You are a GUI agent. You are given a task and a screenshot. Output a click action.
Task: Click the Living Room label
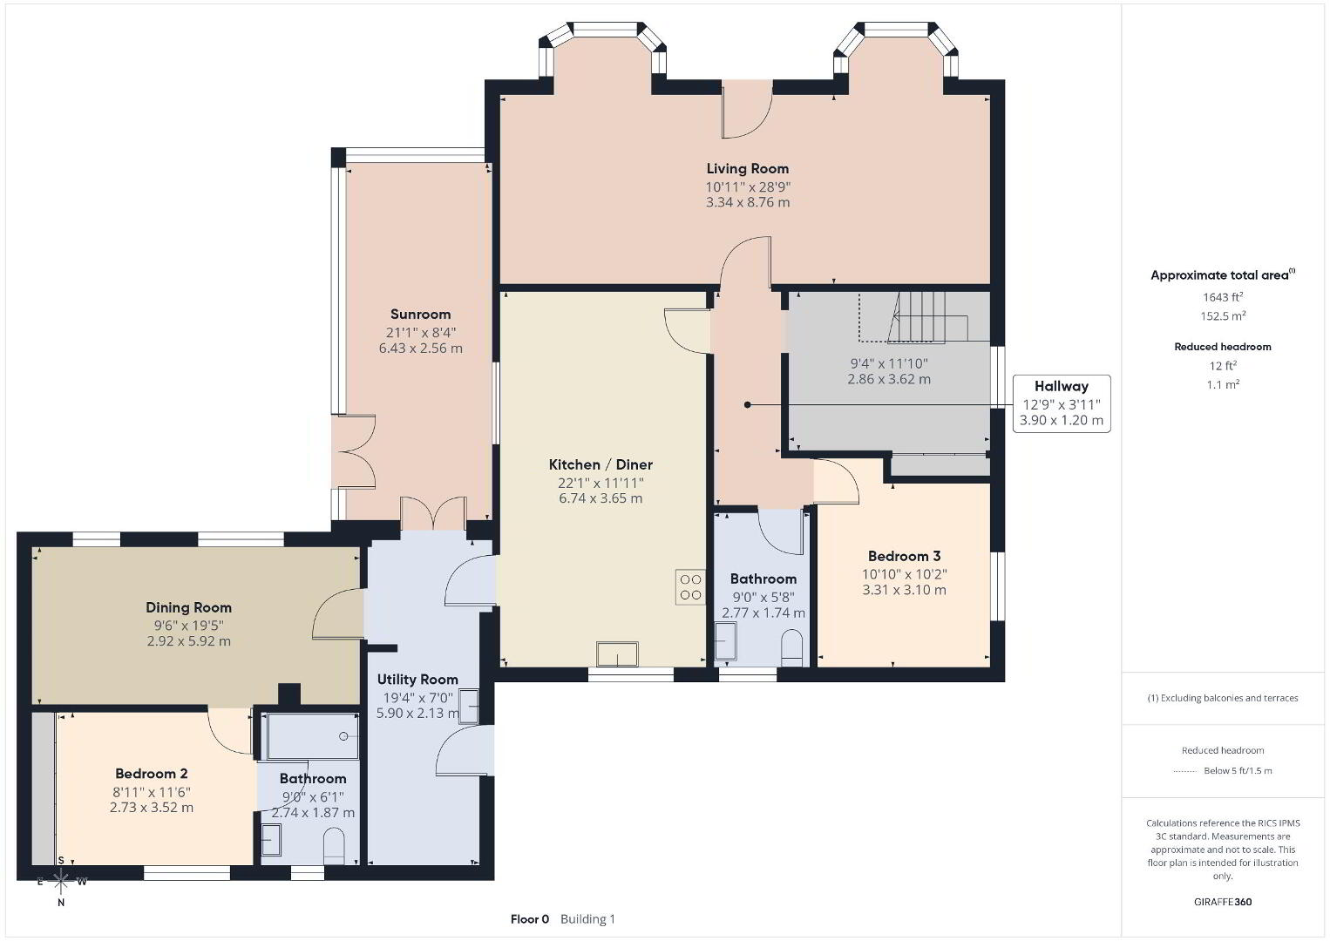pyautogui.click(x=748, y=169)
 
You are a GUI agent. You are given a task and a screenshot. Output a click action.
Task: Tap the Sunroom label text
pyautogui.click(x=420, y=314)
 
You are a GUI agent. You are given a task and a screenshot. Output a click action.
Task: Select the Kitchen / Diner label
pyautogui.click(x=601, y=464)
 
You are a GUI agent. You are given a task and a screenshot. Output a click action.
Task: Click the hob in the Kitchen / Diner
pyautogui.click(x=690, y=587)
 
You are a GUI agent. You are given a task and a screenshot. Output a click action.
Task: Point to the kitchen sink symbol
pyautogui.click(x=617, y=653)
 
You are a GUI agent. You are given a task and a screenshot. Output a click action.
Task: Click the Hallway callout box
pyautogui.click(x=1062, y=403)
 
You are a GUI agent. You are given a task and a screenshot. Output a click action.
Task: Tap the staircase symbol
pyautogui.click(x=913, y=317)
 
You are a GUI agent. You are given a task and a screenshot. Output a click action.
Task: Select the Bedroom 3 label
pyautogui.click(x=905, y=556)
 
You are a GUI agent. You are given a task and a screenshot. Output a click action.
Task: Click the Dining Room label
pyautogui.click(x=189, y=607)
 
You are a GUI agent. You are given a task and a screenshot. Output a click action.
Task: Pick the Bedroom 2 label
pyautogui.click(x=152, y=774)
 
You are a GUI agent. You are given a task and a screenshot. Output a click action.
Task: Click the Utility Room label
pyautogui.click(x=417, y=680)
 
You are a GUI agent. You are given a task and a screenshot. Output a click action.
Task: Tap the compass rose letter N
pyautogui.click(x=60, y=903)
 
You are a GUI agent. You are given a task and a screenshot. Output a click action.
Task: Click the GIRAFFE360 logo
pyautogui.click(x=1223, y=902)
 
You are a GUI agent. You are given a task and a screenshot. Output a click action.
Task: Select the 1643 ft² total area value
pyautogui.click(x=1223, y=297)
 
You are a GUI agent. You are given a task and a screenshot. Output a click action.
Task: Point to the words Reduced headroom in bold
pyautogui.click(x=1223, y=347)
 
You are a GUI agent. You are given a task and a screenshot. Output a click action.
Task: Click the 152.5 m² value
pyautogui.click(x=1223, y=315)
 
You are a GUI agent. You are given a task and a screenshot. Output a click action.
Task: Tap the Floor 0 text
pyautogui.click(x=530, y=919)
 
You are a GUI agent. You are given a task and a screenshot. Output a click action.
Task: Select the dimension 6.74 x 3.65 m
pyautogui.click(x=601, y=498)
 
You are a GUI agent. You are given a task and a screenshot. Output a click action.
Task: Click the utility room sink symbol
pyautogui.click(x=469, y=706)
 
